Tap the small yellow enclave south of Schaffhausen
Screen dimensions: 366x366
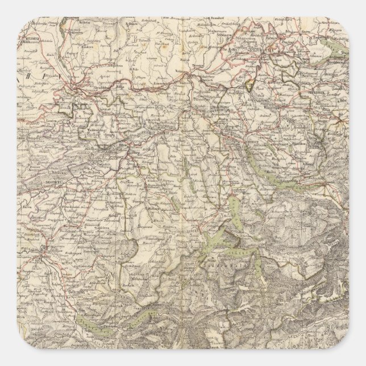click(x=248, y=86)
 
